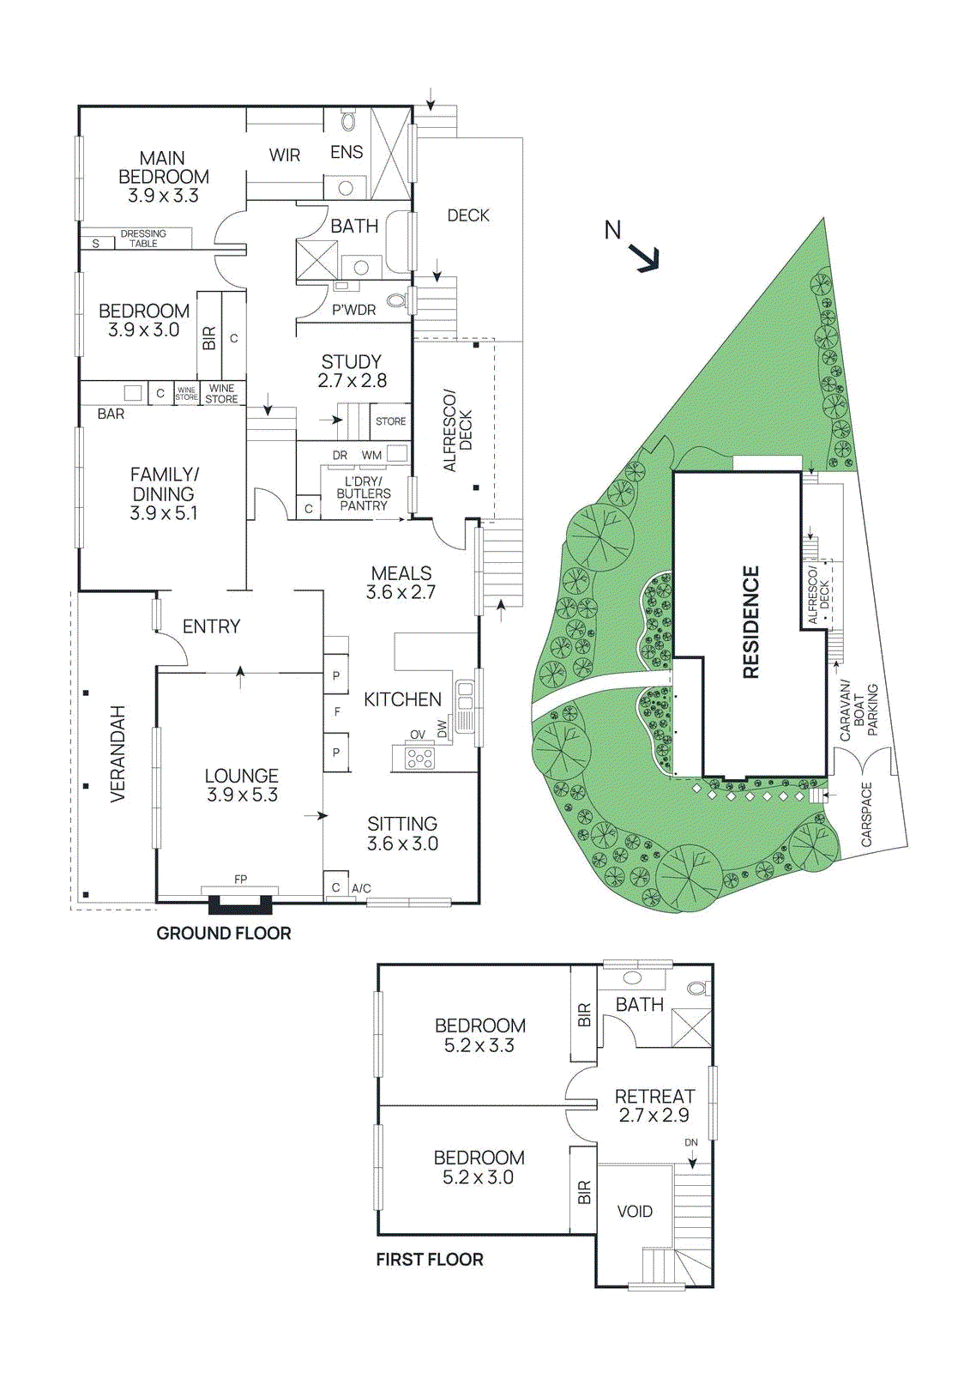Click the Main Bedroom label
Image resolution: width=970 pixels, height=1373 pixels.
pyautogui.click(x=163, y=177)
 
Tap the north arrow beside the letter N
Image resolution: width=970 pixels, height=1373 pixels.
pyautogui.click(x=645, y=257)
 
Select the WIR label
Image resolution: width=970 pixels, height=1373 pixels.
pyautogui.click(x=285, y=155)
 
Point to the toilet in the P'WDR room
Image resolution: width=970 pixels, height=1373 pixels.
pyautogui.click(x=395, y=300)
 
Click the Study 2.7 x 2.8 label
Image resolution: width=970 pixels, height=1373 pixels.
pyautogui.click(x=352, y=372)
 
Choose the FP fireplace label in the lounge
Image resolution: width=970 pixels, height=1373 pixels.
pyautogui.click(x=240, y=879)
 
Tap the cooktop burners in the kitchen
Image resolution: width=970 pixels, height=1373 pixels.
pyautogui.click(x=419, y=758)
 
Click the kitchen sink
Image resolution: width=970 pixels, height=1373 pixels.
pyautogui.click(x=465, y=700)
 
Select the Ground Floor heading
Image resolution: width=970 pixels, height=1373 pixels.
pyautogui.click(x=224, y=933)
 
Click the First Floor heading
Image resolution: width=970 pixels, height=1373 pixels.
pyautogui.click(x=430, y=1259)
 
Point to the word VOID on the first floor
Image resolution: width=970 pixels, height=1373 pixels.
pyautogui.click(x=635, y=1212)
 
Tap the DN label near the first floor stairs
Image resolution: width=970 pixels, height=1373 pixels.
pyautogui.click(x=691, y=1142)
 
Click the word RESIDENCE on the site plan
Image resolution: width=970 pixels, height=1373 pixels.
pyautogui.click(x=751, y=622)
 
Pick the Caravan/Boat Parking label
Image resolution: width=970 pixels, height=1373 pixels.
pyautogui.click(x=859, y=711)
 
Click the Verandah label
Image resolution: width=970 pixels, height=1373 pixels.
pyautogui.click(x=117, y=753)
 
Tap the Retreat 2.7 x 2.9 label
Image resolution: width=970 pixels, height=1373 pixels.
pyautogui.click(x=654, y=1106)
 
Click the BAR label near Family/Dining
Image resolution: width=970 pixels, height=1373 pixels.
pyautogui.click(x=111, y=414)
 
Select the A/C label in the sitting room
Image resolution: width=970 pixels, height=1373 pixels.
pyautogui.click(x=361, y=888)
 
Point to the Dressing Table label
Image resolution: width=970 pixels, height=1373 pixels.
pyautogui.click(x=143, y=239)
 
